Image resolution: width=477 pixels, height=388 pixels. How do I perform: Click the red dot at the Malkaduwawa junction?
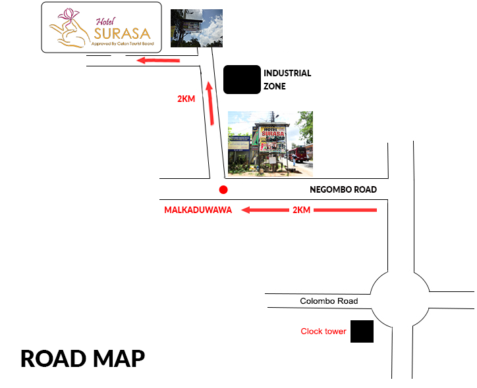coord(223,190)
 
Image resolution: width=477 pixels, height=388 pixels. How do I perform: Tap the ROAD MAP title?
coord(82,359)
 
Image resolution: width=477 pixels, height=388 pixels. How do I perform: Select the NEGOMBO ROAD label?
coord(343,190)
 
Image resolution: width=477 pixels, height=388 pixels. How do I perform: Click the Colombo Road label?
coord(329,301)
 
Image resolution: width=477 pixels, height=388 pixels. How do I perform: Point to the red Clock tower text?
coord(323,331)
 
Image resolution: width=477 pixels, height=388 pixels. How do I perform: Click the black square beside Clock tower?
coord(362,331)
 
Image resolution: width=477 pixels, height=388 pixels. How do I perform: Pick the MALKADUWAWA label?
coord(198,210)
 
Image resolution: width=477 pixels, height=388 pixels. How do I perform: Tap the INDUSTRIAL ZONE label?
coord(287,80)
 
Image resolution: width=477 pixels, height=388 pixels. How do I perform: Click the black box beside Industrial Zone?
coord(242,80)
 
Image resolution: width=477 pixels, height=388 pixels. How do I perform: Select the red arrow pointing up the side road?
coord(210,103)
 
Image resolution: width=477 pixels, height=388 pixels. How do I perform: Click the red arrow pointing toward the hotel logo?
coord(158,61)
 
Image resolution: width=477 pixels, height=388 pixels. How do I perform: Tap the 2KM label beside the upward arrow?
coord(186,99)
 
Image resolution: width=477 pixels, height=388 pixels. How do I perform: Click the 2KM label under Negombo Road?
coord(301,210)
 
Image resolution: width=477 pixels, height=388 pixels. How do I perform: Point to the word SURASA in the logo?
coord(122,32)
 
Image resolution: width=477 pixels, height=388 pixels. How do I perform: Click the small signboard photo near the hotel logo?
coord(196,28)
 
